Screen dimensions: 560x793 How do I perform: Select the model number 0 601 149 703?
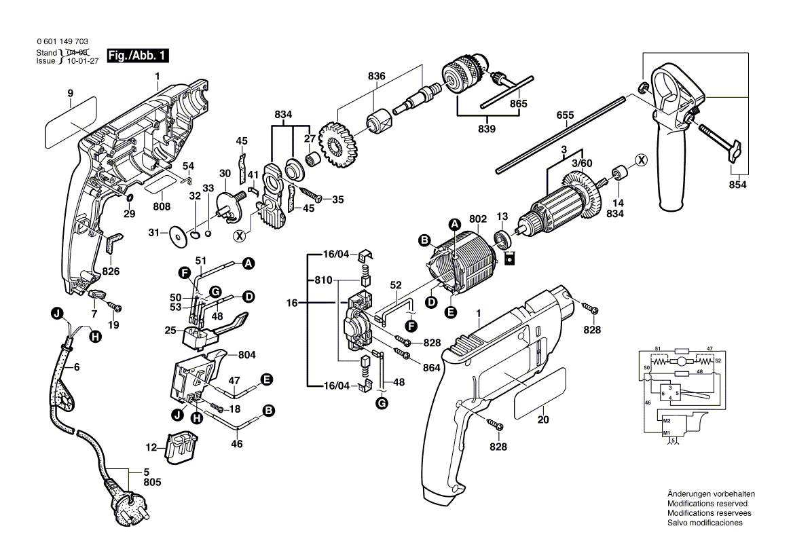click(x=62, y=42)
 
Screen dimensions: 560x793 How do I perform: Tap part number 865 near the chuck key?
click(x=518, y=104)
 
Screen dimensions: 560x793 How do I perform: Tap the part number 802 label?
click(x=478, y=219)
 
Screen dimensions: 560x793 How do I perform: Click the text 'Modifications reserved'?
click(x=707, y=504)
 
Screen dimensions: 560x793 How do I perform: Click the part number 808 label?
click(x=161, y=206)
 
